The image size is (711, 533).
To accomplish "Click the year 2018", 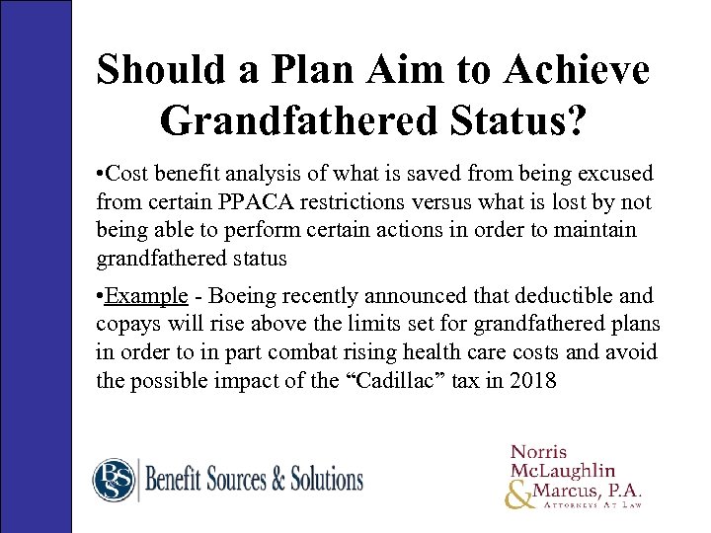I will tap(533, 380).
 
